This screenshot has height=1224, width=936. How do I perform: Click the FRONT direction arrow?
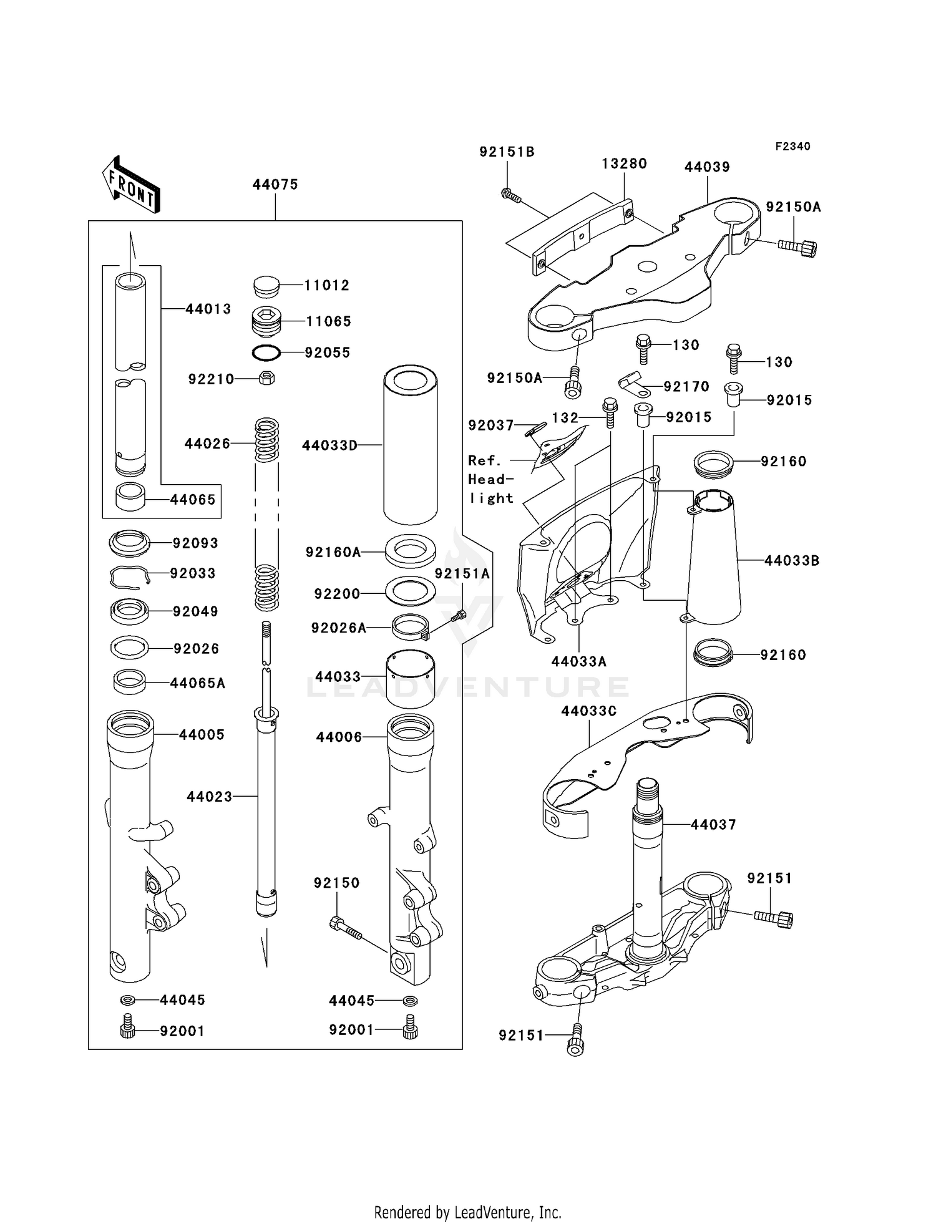131,185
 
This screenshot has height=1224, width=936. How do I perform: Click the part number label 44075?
275,185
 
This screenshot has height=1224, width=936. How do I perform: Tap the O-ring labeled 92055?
266,353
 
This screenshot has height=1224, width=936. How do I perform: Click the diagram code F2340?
792,146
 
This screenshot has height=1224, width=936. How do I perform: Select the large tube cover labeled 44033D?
410,445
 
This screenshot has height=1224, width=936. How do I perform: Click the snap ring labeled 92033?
130,576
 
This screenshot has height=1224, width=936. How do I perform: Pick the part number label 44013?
208,309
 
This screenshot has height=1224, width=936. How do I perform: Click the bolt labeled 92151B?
511,196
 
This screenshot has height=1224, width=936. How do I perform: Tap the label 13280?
624,163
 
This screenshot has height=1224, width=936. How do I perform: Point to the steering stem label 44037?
713,824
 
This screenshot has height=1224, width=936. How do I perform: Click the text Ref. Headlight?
491,479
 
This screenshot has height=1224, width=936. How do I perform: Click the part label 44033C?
588,711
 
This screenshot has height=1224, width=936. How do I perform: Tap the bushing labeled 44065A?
130,681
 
